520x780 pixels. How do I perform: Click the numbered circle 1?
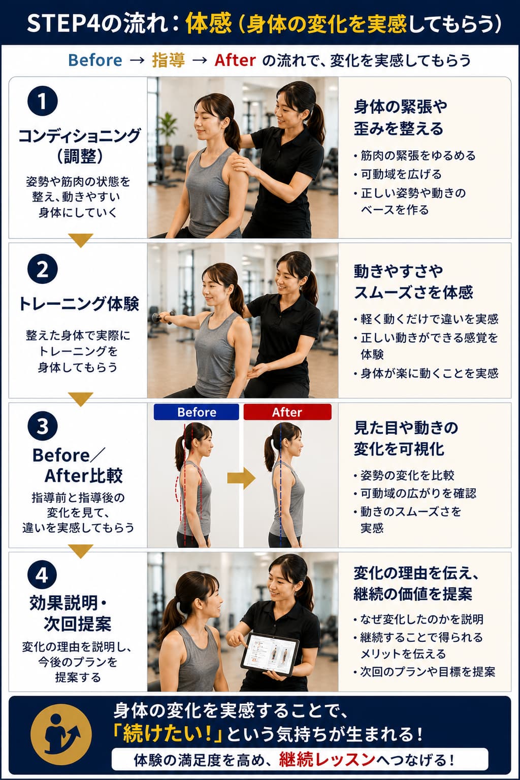43,102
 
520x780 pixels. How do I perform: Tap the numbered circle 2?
43,269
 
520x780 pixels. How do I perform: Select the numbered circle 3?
43,426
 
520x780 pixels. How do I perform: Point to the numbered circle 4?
43,575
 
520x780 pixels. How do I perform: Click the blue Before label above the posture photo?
197,412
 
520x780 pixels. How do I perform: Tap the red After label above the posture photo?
287,412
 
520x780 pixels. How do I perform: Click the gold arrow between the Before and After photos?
241,478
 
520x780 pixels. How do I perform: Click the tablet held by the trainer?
270,654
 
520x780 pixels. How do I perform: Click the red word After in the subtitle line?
235,60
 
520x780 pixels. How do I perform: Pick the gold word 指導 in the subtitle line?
168,60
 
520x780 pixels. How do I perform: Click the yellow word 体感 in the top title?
208,24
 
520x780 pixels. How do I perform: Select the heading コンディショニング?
79,135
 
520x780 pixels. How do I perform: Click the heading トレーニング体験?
79,303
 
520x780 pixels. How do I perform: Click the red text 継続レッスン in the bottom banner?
327,760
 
